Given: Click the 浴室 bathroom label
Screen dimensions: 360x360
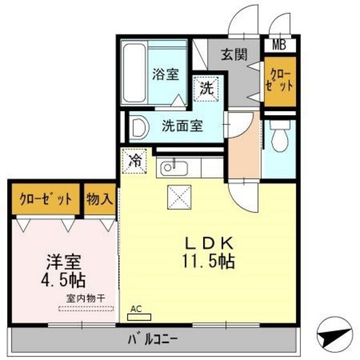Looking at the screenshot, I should click(x=165, y=75).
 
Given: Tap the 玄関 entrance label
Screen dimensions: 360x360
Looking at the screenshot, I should click(x=235, y=55).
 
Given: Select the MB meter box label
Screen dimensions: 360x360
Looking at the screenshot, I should click(x=280, y=45).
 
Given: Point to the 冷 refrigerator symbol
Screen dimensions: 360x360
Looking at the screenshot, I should click(x=136, y=159).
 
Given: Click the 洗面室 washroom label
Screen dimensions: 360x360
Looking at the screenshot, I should click(x=182, y=126).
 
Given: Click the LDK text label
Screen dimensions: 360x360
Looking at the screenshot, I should click(x=210, y=244).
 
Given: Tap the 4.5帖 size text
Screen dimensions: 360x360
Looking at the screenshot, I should click(x=64, y=280).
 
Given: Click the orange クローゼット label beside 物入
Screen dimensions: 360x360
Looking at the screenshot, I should click(x=45, y=199).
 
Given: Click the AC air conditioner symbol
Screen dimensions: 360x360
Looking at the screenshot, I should click(x=138, y=312).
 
